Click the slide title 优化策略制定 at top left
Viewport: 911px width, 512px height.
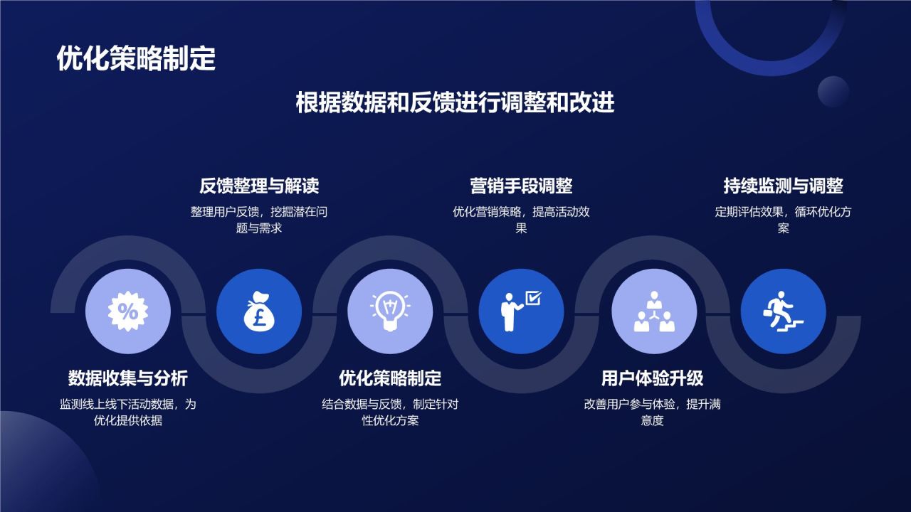[136, 59]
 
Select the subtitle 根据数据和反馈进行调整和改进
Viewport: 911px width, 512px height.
[455, 103]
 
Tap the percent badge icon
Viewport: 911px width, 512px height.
[128, 311]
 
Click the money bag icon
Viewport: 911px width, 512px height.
[259, 311]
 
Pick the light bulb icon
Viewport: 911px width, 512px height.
[390, 311]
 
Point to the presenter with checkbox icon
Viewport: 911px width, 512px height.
[521, 311]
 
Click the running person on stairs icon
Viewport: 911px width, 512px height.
[783, 311]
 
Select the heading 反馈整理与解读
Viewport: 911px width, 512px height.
[259, 186]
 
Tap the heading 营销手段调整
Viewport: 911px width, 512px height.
[521, 186]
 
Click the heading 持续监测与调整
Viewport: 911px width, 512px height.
[783, 186]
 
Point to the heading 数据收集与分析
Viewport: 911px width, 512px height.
[128, 378]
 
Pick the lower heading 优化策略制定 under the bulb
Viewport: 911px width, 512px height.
[390, 378]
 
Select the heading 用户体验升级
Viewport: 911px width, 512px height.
[652, 378]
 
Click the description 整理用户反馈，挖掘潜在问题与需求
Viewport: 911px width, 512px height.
[259, 220]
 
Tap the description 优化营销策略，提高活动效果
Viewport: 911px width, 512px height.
[521, 220]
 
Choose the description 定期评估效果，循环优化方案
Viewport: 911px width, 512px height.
[783, 220]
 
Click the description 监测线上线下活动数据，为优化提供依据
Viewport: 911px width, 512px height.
[128, 412]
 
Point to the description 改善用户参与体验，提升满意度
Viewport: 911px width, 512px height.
[652, 412]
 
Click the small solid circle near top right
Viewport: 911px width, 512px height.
[833, 92]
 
